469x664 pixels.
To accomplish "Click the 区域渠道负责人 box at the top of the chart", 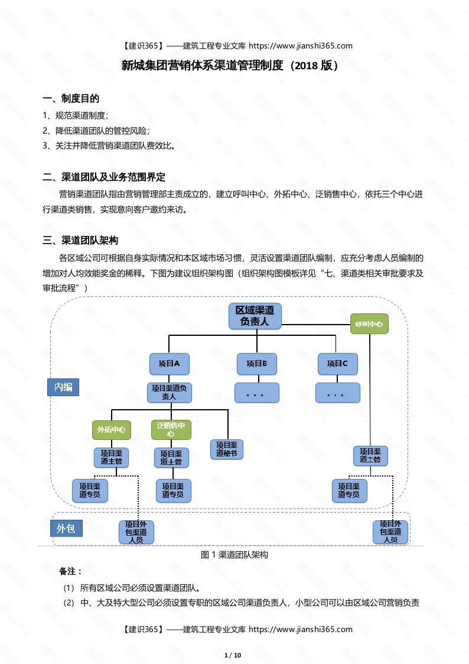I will click(255, 316).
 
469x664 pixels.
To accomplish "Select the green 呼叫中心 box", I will click(369, 324).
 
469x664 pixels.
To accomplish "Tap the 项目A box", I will click(169, 364).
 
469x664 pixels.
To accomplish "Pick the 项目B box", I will click(257, 364).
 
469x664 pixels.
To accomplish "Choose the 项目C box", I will click(337, 364).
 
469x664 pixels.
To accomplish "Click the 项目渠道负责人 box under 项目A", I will click(169, 393).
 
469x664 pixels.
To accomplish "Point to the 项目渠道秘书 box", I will click(227, 449).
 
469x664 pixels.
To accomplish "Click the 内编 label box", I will click(63, 387).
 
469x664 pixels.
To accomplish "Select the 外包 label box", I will click(66, 529).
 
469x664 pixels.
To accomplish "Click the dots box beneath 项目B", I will click(257, 393).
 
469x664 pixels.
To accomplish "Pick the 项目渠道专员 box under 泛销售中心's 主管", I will click(173, 490).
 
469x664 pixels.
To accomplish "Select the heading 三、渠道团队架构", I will click(81, 240).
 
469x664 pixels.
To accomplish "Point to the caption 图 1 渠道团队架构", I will click(234, 555).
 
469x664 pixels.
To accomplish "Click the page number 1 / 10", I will click(234, 655).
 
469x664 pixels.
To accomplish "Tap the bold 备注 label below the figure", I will click(70, 572).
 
